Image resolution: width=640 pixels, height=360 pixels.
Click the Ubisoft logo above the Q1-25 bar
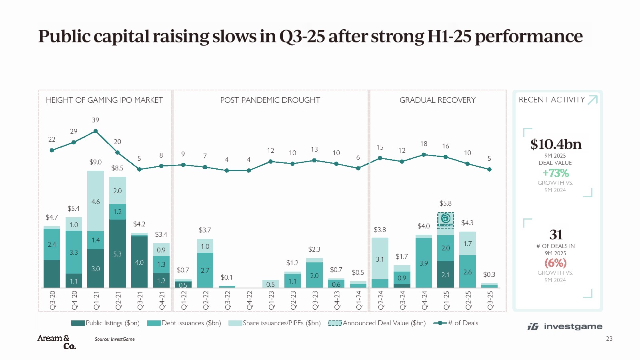pyautogui.click(x=445, y=220)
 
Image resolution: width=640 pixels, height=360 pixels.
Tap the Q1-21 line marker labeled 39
pyautogui.click(x=96, y=131)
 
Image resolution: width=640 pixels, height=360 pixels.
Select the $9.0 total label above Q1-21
pyautogui.click(x=95, y=162)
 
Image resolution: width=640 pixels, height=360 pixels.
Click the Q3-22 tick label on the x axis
pyautogui.click(x=228, y=300)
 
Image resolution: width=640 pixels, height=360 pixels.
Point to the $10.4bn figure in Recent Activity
pyautogui.click(x=556, y=144)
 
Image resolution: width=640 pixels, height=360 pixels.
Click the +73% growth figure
pyautogui.click(x=556, y=173)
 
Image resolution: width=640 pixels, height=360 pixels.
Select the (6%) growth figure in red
pyautogui.click(x=556, y=263)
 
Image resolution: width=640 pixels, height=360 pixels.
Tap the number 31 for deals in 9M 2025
pyautogui.click(x=556, y=234)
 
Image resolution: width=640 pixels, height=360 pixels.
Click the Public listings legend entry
pyautogui.click(x=105, y=323)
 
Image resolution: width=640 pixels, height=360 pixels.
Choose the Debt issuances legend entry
pyautogui.click(x=184, y=323)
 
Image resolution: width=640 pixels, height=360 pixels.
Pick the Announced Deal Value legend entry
pyautogui.click(x=377, y=323)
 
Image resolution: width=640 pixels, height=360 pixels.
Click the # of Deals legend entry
pyautogui.click(x=456, y=323)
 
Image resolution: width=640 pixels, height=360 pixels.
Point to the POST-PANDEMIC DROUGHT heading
pyautogui.click(x=270, y=100)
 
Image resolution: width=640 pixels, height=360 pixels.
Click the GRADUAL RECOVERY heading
pyautogui.click(x=437, y=100)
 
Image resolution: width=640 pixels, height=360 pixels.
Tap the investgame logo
pyautogui.click(x=565, y=326)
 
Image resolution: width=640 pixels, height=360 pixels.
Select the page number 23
pyautogui.click(x=609, y=339)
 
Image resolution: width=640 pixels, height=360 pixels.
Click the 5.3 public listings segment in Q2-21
pyautogui.click(x=118, y=254)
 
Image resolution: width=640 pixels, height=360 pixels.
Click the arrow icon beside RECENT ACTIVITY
pyautogui.click(x=592, y=100)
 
